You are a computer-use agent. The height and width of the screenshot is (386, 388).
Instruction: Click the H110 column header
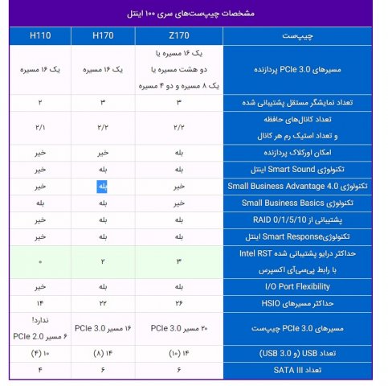click(x=41, y=36)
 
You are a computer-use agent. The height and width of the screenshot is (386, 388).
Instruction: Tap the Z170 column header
click(x=178, y=36)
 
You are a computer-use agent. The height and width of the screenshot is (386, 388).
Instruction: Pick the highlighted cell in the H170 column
click(x=102, y=186)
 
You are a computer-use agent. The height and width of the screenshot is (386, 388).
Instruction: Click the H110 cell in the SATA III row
click(x=41, y=369)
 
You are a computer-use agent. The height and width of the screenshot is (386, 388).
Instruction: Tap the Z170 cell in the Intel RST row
click(x=178, y=261)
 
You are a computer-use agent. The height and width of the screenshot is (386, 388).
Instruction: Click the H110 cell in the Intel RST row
click(x=41, y=261)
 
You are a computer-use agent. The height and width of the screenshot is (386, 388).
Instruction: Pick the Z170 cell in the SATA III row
click(x=178, y=369)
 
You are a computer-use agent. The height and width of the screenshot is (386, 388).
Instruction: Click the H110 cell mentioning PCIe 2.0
click(x=41, y=327)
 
